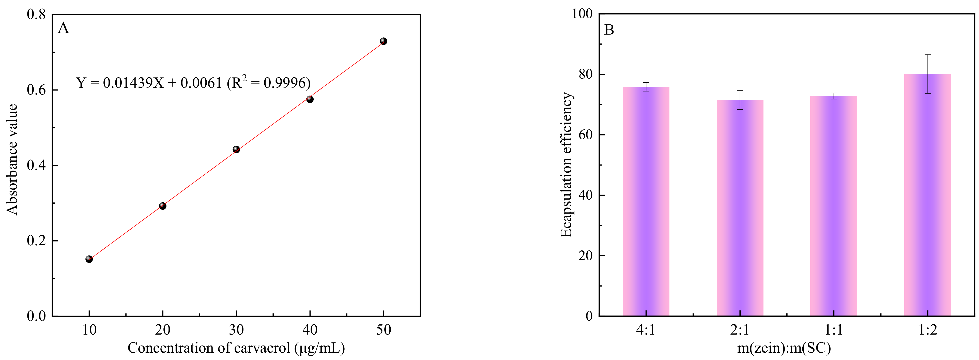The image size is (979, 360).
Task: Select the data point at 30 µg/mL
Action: pos(236,149)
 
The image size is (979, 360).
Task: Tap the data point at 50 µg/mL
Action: pos(384,41)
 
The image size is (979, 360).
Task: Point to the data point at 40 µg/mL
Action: pos(310,99)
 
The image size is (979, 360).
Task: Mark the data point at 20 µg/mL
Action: pos(163,206)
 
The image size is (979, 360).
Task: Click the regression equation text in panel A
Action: pos(193,82)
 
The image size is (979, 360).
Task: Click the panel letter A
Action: pos(64,28)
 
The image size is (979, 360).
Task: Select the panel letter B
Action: pos(609,30)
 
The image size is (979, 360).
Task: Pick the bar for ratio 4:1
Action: pos(646,201)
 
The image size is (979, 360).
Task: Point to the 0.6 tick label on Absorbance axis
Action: pos(36,90)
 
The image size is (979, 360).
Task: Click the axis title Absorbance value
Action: pos(12,160)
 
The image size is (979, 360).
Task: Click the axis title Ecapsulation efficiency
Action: pos(566,164)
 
